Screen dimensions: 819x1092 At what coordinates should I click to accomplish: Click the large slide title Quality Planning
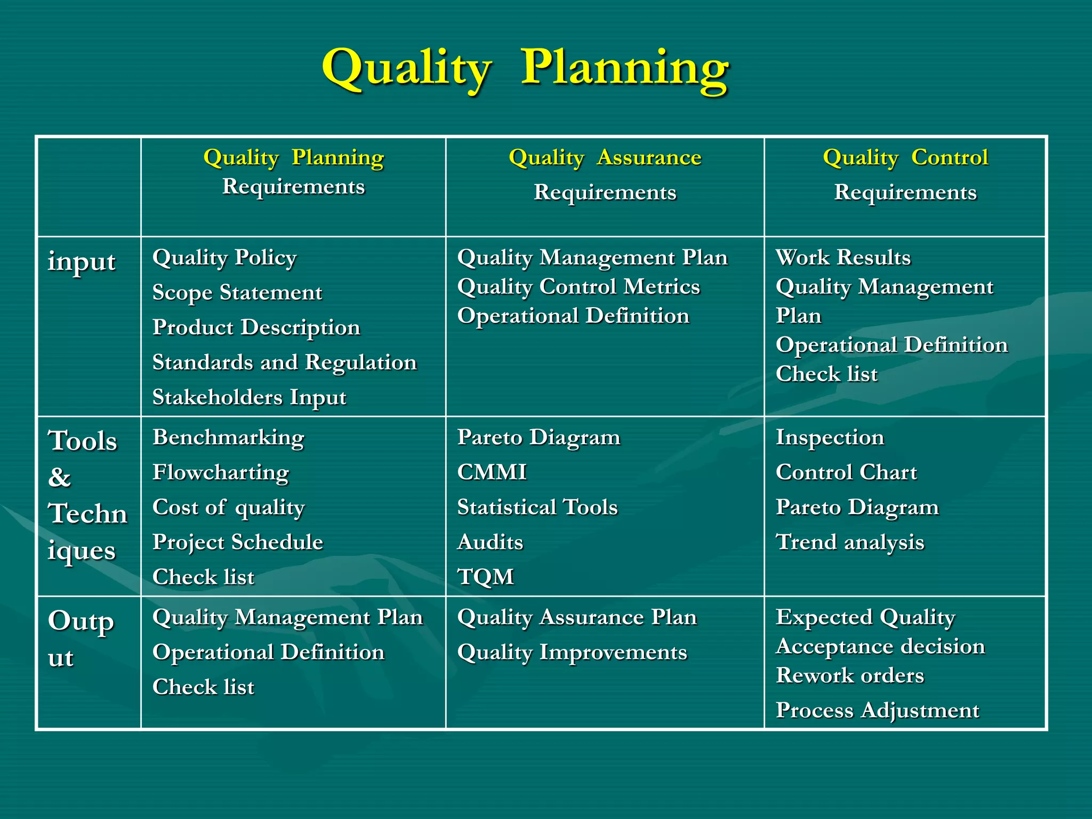525,68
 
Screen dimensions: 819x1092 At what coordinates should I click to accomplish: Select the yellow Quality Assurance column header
605,157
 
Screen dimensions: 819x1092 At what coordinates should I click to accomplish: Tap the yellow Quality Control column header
905,157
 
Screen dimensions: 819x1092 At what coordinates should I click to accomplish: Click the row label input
82,262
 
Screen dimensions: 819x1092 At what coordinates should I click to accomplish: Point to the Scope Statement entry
237,293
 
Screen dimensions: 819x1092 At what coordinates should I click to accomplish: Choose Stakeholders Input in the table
249,397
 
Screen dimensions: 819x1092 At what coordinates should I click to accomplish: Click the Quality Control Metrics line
578,287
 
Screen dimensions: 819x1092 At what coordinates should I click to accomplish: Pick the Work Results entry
843,258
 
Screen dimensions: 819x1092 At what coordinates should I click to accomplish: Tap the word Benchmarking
228,437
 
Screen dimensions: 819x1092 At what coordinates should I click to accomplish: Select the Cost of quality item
228,507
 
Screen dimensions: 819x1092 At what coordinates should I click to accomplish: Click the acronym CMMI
492,472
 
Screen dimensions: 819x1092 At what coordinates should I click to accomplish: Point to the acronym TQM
485,577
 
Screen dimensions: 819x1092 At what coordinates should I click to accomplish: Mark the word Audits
490,542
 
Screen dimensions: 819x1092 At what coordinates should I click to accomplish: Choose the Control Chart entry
846,472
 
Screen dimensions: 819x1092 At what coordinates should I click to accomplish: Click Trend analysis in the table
850,542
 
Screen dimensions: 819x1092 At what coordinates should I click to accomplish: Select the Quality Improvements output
572,652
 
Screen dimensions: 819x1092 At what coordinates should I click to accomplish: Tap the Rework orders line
850,676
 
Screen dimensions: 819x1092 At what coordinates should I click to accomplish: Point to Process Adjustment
877,710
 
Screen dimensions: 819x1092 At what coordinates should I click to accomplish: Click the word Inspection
830,437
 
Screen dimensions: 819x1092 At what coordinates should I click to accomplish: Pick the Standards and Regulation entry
284,363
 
